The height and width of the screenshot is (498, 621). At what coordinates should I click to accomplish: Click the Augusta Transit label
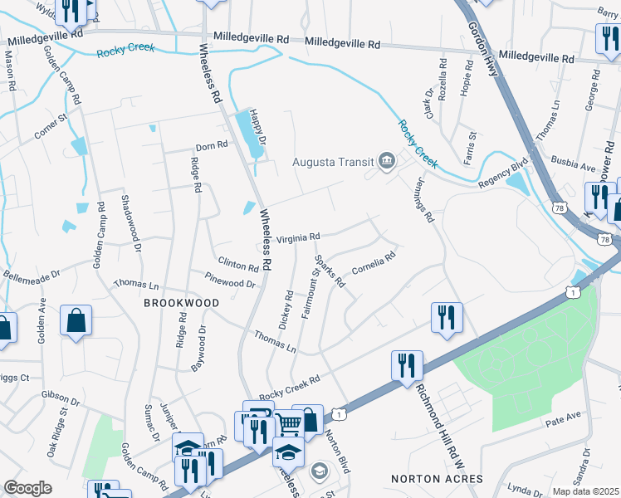coord(333,161)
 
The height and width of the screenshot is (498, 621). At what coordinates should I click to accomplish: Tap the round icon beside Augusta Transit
coord(386,161)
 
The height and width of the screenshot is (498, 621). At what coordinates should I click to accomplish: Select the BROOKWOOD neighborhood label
coord(182,304)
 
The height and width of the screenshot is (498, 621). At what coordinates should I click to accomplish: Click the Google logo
coord(27,488)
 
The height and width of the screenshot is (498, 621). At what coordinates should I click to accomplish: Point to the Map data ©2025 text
coord(585,491)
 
